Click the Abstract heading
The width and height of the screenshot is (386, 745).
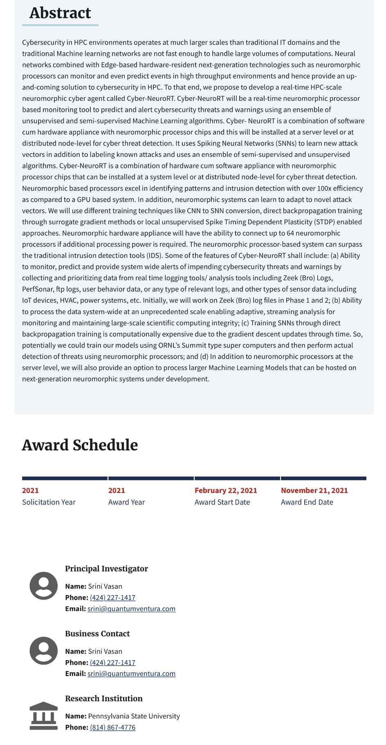click(60, 13)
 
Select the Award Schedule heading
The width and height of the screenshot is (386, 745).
click(80, 445)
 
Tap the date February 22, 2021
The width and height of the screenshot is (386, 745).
click(226, 490)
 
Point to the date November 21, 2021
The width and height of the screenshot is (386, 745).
click(314, 490)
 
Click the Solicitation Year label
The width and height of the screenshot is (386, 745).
click(49, 502)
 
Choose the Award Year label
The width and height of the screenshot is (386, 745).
click(126, 502)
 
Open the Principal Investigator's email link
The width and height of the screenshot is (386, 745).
click(131, 609)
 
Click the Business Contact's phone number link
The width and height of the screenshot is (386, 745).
click(112, 662)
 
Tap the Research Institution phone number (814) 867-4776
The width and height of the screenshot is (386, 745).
click(112, 727)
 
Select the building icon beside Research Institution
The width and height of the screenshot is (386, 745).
click(44, 716)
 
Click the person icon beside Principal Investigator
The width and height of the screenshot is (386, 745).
click(44, 586)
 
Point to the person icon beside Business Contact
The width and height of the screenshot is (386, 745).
click(44, 651)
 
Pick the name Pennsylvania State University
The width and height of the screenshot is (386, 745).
click(134, 716)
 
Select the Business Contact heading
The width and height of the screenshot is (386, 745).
click(97, 633)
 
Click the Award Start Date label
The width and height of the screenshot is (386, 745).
click(222, 502)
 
